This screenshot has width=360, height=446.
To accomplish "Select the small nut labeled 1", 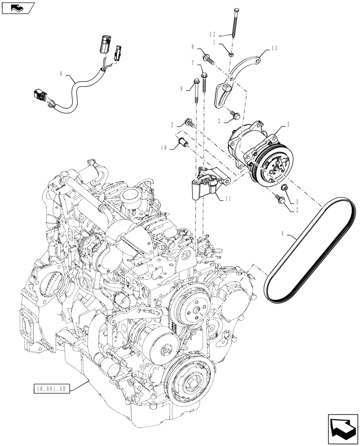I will pyautogui.click(x=232, y=54).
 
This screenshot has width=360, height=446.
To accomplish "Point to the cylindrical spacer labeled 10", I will pyautogui.click(x=182, y=143).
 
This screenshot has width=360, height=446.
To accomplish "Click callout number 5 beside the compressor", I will pyautogui.click(x=288, y=125).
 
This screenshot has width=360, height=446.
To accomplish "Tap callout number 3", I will pyautogui.click(x=296, y=202).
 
